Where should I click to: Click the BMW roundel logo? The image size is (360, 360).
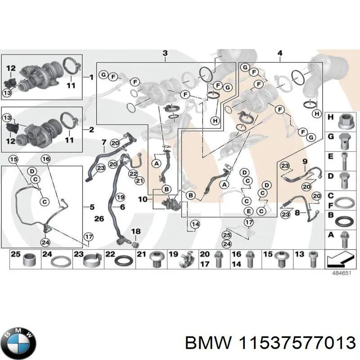(x=18, y=337)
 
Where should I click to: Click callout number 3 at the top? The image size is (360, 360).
(x=165, y=54)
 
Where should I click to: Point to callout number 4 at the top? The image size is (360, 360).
(x=280, y=54)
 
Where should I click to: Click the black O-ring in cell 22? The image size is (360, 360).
(x=122, y=261)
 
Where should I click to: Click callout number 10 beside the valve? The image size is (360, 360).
(x=142, y=198)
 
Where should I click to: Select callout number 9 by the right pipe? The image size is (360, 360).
(x=305, y=161)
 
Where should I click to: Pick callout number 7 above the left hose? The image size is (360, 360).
(x=103, y=143)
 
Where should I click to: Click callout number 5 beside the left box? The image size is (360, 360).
(x=92, y=207)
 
